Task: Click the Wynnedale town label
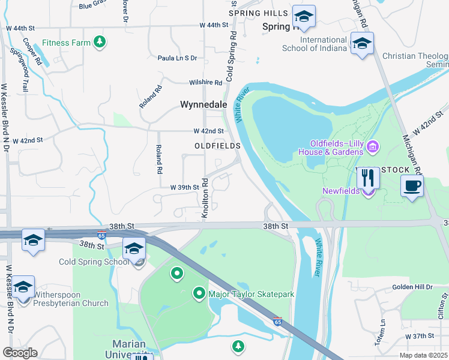[x=203, y=104]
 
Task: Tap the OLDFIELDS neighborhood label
[x=217, y=146]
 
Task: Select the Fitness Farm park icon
[x=100, y=42]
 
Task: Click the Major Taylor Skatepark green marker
[x=199, y=293]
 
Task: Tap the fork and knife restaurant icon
[x=368, y=178]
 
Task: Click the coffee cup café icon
[x=411, y=185]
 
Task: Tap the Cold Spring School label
[x=93, y=262]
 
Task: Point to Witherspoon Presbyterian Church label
[x=71, y=299]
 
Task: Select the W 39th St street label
[x=184, y=187]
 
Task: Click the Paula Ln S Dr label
[x=177, y=58]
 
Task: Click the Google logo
[x=20, y=353]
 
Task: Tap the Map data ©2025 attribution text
[x=423, y=355]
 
